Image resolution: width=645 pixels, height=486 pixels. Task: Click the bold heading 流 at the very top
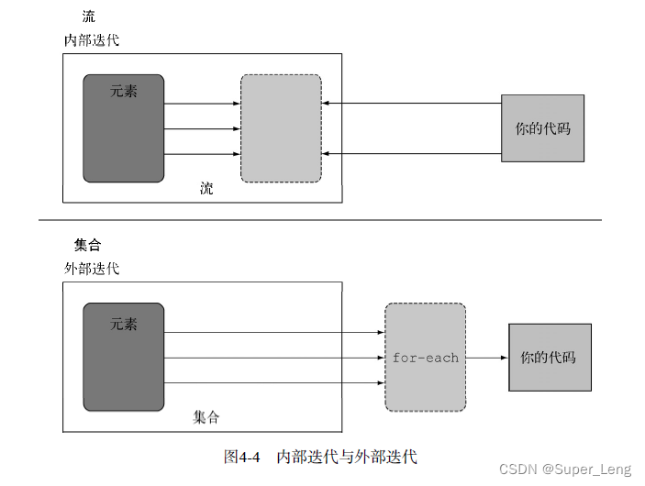point(88,17)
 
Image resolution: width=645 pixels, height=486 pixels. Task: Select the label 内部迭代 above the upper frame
point(91,40)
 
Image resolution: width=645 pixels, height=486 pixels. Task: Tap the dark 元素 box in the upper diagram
point(124,128)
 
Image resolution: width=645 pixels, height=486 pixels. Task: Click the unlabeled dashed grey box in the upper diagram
point(281,128)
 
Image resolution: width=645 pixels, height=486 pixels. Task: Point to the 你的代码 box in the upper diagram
point(542,128)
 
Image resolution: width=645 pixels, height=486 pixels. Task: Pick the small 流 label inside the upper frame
point(206,189)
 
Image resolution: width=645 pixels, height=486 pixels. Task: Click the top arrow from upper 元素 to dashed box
point(202,104)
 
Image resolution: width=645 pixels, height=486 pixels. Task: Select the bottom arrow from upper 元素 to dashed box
point(202,153)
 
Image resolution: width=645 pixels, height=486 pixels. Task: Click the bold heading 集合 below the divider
point(87,246)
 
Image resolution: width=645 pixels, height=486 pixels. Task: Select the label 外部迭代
point(91,269)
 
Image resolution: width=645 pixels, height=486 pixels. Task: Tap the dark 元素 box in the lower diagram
point(124,357)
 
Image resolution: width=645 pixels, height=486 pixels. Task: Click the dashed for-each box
point(425,357)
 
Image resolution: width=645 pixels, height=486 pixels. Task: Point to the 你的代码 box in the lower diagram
point(549,357)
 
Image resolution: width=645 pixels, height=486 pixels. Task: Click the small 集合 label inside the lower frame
point(206,417)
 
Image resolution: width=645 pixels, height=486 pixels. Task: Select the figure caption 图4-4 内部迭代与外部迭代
point(320,456)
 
